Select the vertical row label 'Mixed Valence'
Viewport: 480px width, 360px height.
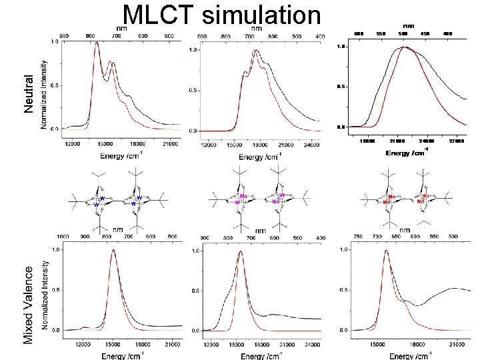pyautogui.click(x=28, y=305)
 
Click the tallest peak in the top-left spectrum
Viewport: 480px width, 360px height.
pyautogui.click(x=97, y=43)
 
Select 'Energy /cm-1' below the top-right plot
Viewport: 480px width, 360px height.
pyautogui.click(x=406, y=153)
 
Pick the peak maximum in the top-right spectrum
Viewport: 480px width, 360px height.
pyautogui.click(x=403, y=47)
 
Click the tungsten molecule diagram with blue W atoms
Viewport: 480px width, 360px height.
pyautogui.click(x=120, y=199)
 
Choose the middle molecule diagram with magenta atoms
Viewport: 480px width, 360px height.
pyautogui.click(x=260, y=199)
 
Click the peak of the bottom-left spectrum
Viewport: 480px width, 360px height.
pyautogui.click(x=113, y=251)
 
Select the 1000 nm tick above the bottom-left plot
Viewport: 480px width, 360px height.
pyautogui.click(x=64, y=237)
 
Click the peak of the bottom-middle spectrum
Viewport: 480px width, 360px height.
pyautogui.click(x=240, y=252)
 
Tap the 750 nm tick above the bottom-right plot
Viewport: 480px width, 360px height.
pyautogui.click(x=358, y=237)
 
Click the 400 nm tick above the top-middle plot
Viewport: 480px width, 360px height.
pyautogui.click(x=320, y=35)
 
